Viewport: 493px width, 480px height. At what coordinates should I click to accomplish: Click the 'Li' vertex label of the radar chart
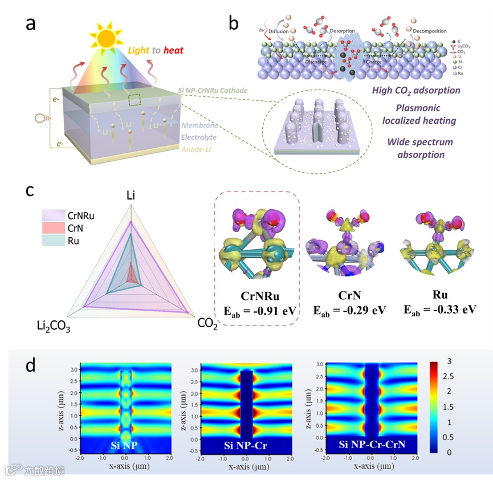[x=131, y=196]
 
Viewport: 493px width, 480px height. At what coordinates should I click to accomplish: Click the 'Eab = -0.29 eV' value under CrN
[x=350, y=310]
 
